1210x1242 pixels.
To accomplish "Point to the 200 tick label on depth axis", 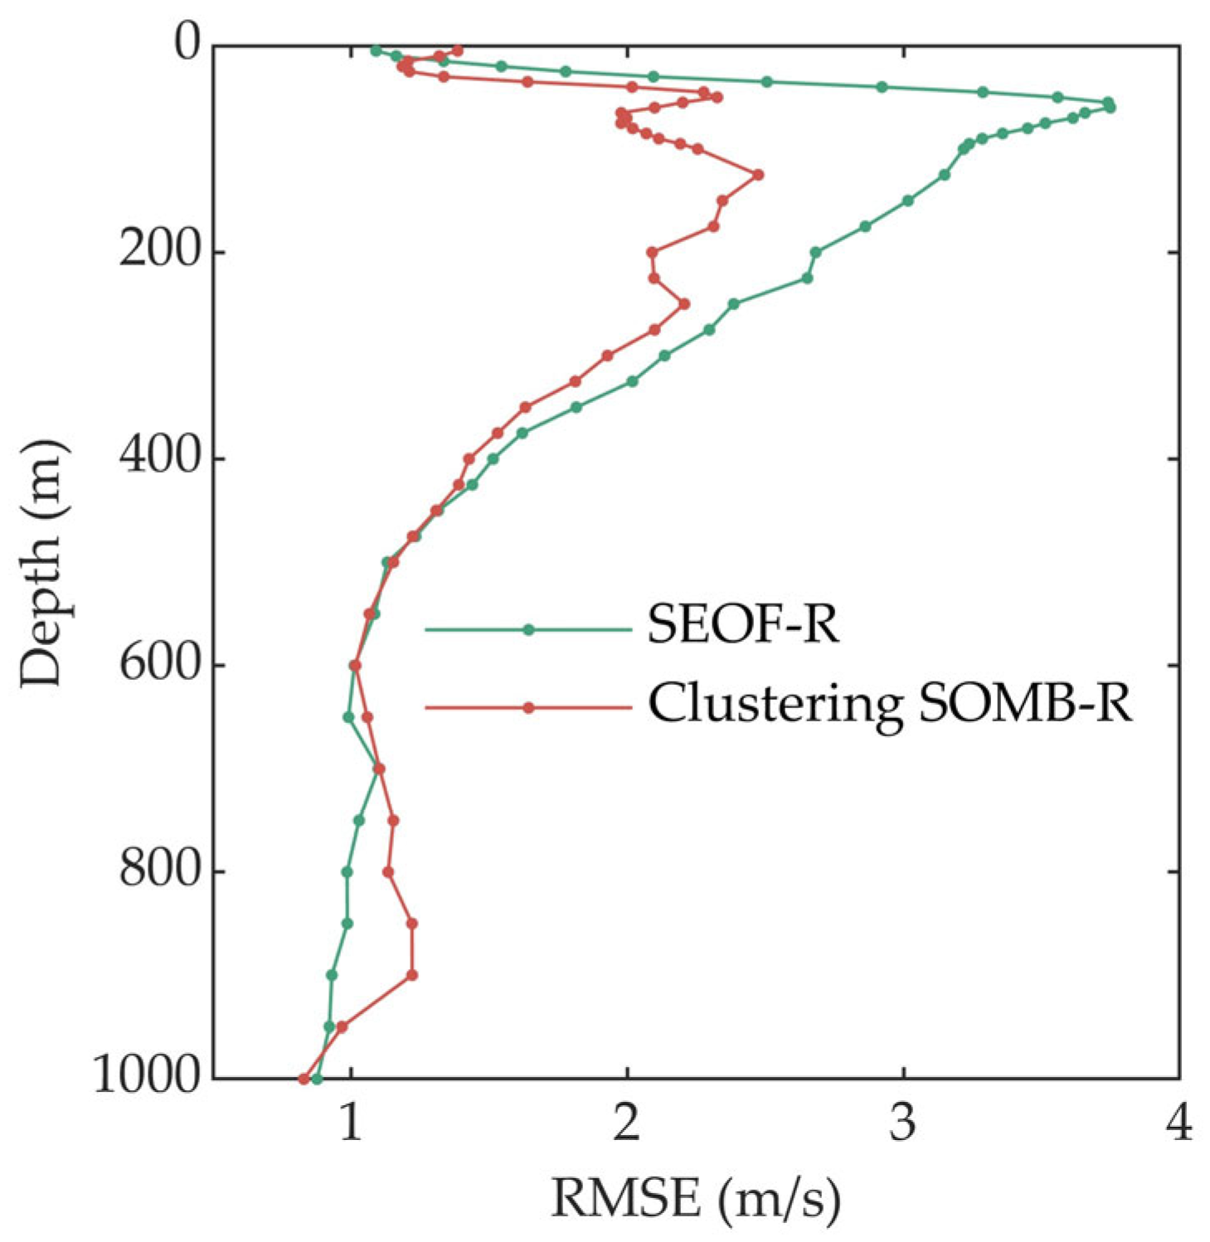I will click(161, 251).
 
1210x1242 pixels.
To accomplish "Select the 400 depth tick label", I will click(161, 458).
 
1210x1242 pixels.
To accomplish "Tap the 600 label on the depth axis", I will click(161, 664).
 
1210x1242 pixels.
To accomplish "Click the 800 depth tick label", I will click(161, 871).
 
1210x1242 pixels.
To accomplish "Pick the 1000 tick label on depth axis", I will click(148, 1078).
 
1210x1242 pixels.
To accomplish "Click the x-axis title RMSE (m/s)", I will click(695, 1198).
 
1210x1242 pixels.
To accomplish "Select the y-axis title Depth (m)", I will click(43, 563).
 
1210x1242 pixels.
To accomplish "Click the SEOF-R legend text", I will click(743, 626).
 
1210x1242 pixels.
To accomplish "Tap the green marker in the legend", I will click(528, 630).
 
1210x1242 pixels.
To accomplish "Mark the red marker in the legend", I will click(528, 708).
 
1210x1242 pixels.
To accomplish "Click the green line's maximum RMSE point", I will click(1110, 107).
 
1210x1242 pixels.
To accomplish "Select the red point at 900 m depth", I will click(412, 975).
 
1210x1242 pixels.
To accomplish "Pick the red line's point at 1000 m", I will click(304, 1079).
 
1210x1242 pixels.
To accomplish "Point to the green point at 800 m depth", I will click(347, 871).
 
